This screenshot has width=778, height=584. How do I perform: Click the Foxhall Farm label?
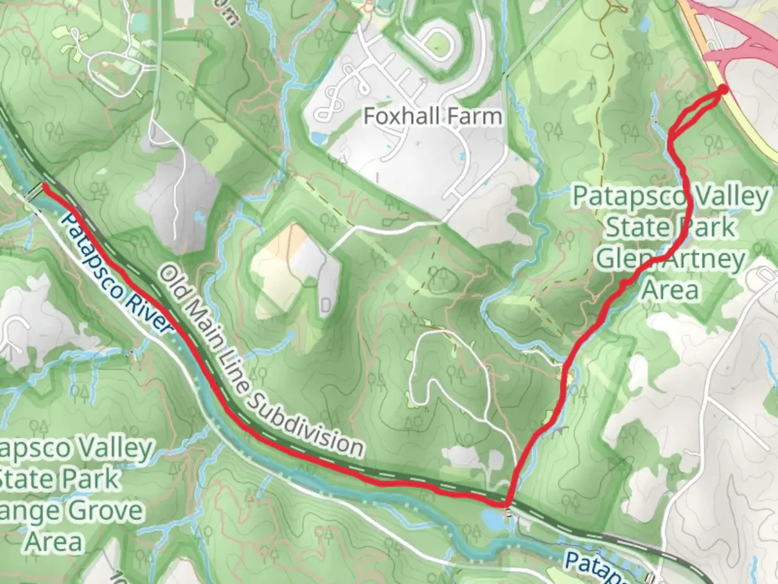tap(432, 116)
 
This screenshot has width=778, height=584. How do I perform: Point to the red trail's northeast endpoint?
tap(722, 90)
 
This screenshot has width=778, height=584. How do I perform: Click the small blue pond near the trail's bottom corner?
tap(492, 521)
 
